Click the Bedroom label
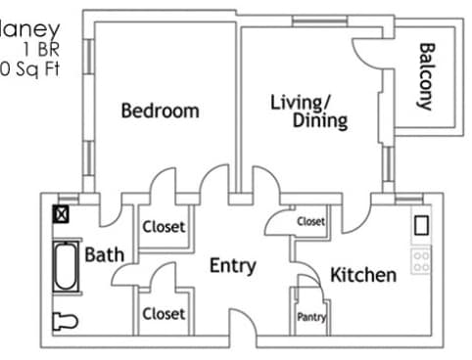[160, 111]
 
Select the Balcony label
[426, 76]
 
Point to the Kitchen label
[362, 275]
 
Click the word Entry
[233, 265]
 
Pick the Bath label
[104, 255]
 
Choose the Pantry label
[311, 317]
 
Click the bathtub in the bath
[66, 266]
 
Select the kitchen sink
[422, 226]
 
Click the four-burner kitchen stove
[422, 260]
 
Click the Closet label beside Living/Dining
[311, 222]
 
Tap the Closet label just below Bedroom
[164, 227]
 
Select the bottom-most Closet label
[164, 314]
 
